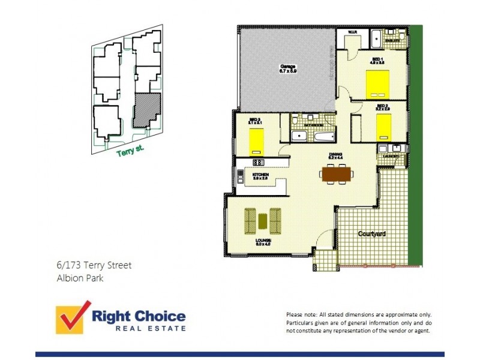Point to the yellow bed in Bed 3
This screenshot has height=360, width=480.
point(257,142)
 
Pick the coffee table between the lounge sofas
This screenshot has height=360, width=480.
point(263,220)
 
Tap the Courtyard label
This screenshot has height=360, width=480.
point(372,233)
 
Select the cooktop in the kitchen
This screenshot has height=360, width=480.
point(259,162)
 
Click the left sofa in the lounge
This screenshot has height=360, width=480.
point(250,220)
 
